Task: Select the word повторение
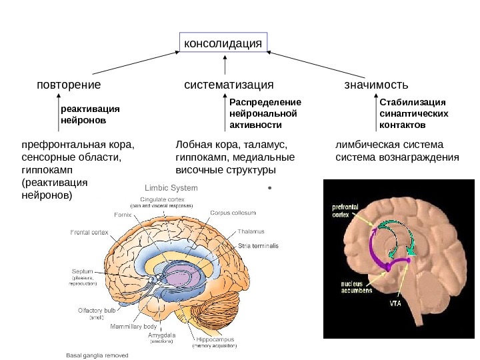[x=69, y=85]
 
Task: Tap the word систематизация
[x=229, y=85]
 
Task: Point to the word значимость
[x=376, y=85]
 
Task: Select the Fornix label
[x=123, y=215]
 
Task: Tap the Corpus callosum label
[x=233, y=213]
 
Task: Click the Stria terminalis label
[x=258, y=246]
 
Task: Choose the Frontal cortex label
[x=90, y=233]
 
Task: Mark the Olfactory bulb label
[x=96, y=311]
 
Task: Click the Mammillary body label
[x=133, y=327]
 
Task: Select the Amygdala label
[x=161, y=337]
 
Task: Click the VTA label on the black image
[x=395, y=303]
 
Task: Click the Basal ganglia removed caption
[x=97, y=355]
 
